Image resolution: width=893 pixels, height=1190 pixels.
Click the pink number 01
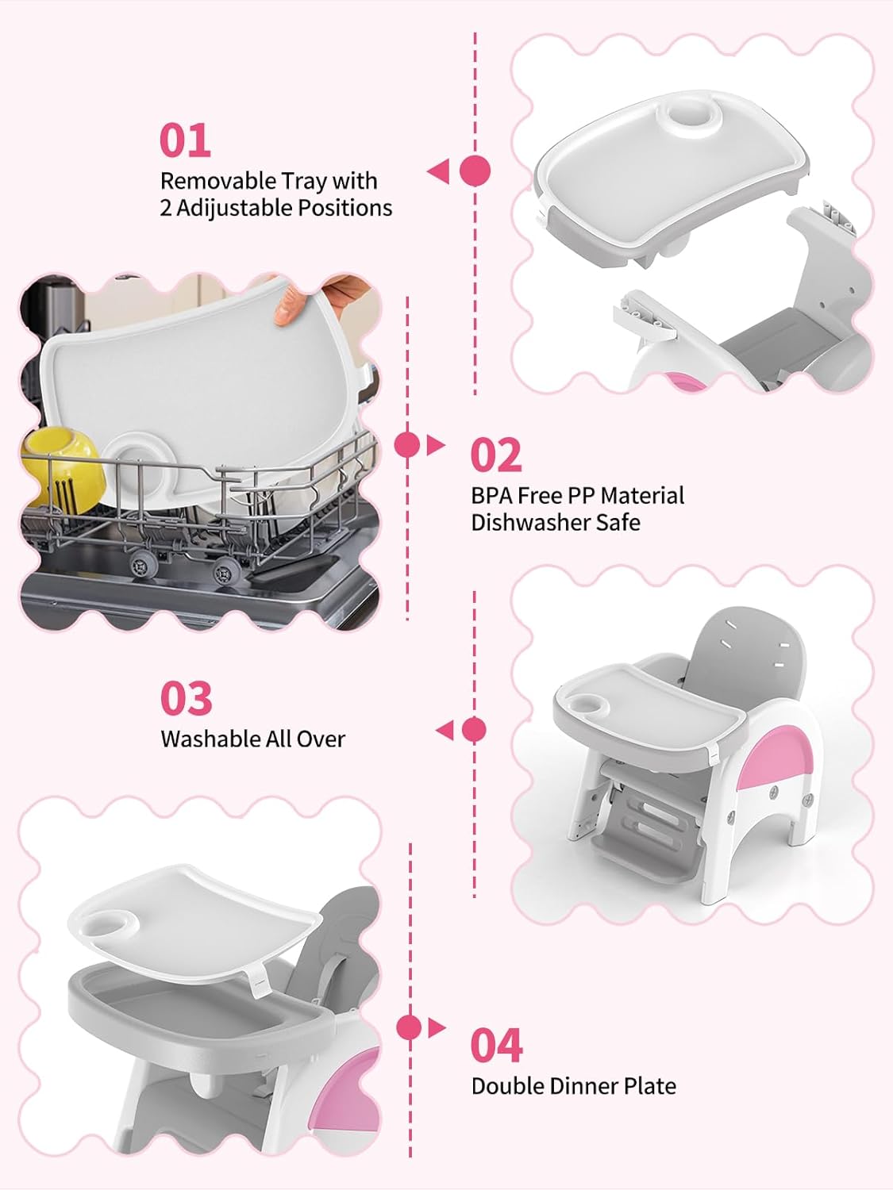click(186, 140)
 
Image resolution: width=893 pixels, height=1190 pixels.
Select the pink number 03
click(186, 698)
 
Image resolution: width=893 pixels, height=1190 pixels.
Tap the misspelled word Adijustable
click(233, 209)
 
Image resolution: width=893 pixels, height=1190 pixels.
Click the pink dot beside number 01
click(475, 171)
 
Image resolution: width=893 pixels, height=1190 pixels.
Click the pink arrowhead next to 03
click(445, 731)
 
